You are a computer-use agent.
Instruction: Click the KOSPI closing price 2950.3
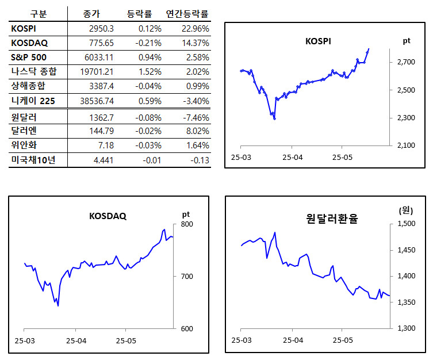101,28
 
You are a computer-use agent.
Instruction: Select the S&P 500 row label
29,57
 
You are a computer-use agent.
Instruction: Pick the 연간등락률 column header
187,13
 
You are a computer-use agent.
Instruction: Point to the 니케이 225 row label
35,101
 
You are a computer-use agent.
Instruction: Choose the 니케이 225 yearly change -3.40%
194,101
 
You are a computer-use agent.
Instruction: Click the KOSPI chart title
318,41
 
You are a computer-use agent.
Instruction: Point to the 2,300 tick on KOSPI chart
405,118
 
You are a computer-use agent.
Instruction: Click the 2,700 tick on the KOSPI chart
405,62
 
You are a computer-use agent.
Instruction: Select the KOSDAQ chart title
108,216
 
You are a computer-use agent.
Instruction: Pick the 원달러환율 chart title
332,219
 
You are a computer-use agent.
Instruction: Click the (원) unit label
407,210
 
